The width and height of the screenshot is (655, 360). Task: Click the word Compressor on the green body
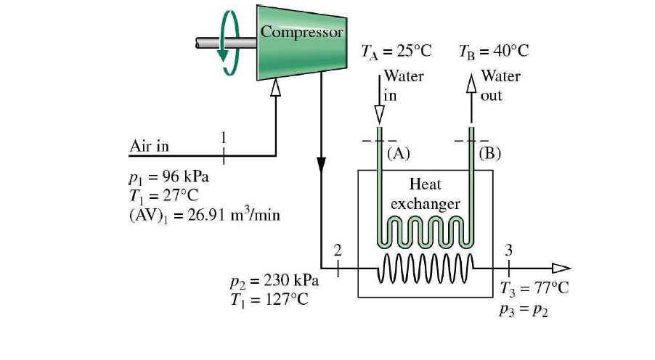click(x=301, y=32)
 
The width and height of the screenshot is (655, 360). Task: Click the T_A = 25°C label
click(x=396, y=52)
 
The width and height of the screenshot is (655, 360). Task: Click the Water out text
click(x=500, y=83)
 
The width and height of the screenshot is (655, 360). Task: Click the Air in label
click(x=149, y=146)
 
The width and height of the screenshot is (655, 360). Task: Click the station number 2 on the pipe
click(x=337, y=251)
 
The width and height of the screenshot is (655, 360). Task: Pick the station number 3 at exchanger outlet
click(x=508, y=251)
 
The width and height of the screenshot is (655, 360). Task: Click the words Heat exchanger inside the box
click(x=425, y=194)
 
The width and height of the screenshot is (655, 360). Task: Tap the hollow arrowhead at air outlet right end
click(x=561, y=268)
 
